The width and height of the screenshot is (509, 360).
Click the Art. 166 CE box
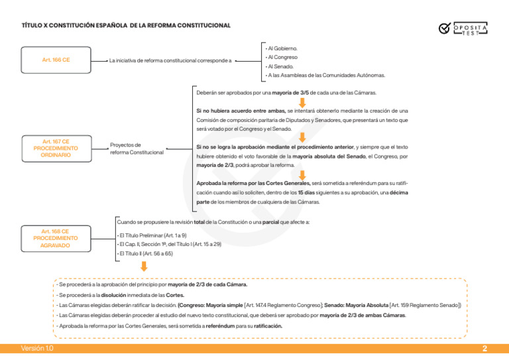56,60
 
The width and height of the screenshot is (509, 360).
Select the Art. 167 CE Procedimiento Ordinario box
56,148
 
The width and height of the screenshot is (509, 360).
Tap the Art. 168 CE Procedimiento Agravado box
56,238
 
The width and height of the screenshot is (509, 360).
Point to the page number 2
484,349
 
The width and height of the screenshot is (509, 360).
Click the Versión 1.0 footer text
37,349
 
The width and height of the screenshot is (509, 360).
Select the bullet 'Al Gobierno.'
282,48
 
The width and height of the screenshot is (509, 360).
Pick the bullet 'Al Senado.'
280,66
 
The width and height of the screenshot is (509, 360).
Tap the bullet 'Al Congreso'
282,57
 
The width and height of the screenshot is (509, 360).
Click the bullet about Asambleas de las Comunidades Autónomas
325,76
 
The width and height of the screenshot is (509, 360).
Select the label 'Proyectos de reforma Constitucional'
136,149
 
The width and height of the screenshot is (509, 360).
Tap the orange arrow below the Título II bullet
143,267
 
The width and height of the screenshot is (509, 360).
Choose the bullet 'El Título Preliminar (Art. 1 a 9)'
152,235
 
